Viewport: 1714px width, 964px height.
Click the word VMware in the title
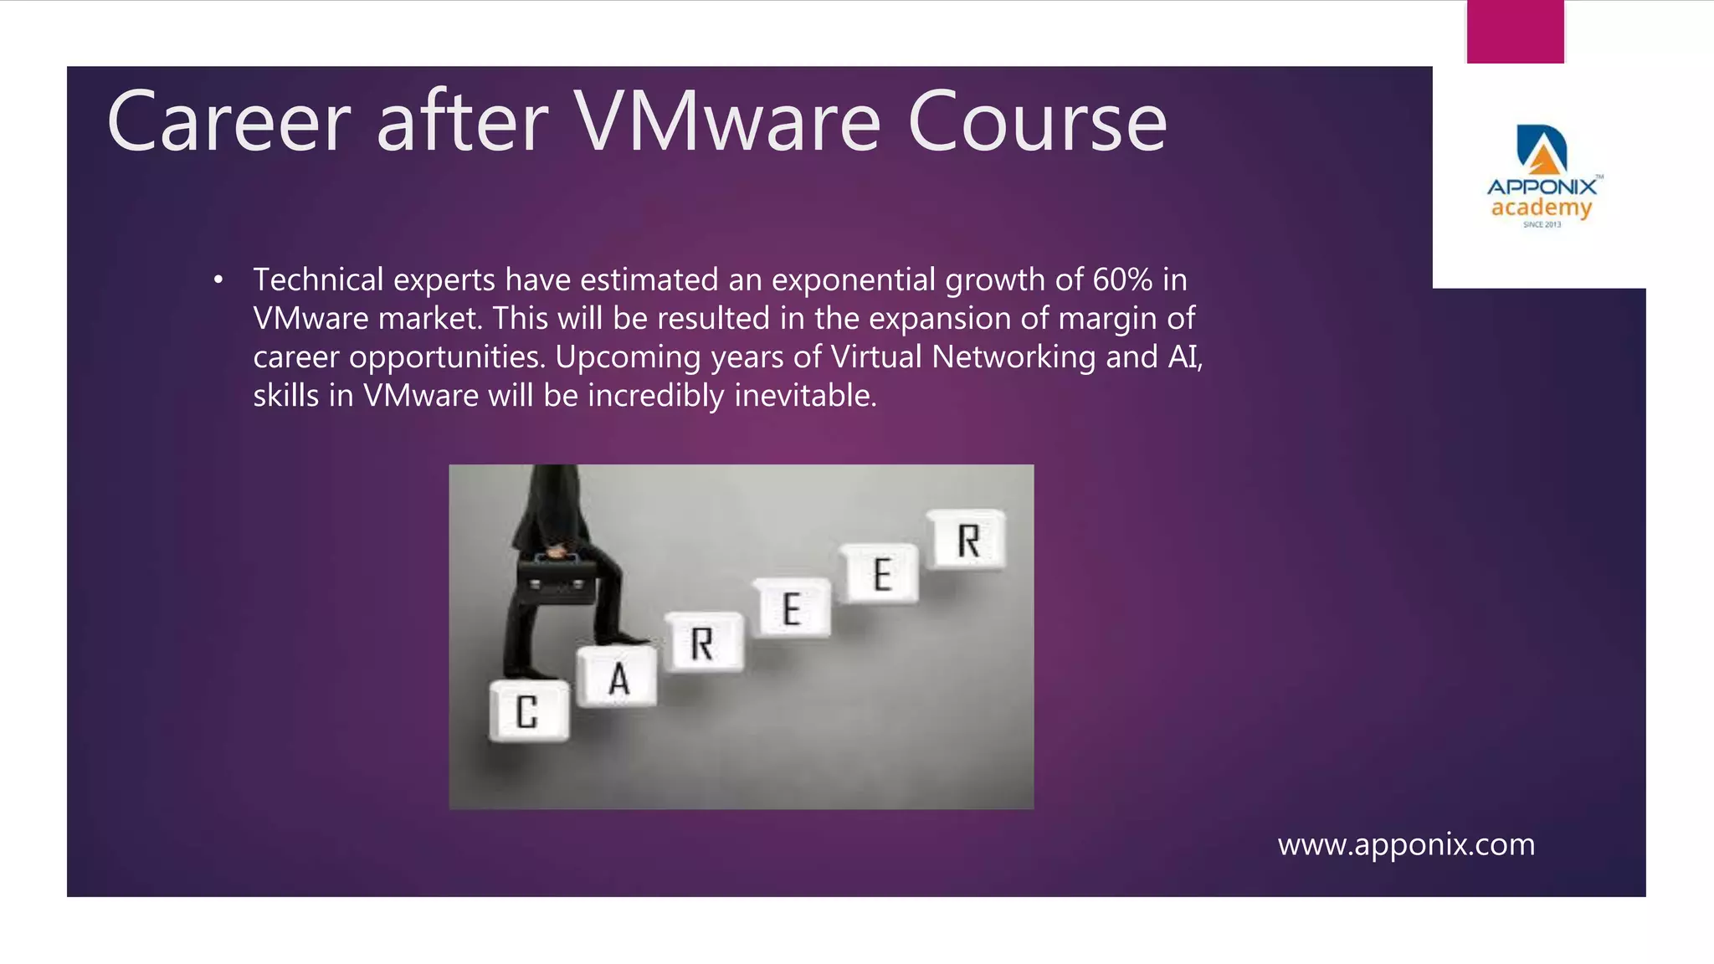727,122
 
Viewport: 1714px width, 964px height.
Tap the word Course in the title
1037,122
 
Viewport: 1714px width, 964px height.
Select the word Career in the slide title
228,122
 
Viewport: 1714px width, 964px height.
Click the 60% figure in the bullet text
1122,279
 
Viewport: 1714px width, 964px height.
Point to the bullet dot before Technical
218,280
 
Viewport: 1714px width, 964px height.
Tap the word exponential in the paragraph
853,279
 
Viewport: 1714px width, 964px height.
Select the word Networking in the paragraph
1013,356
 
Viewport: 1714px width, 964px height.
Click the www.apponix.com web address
1406,844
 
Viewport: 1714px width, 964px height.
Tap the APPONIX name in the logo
1542,187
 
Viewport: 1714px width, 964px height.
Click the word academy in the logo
1541,208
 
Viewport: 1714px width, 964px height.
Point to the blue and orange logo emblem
1542,150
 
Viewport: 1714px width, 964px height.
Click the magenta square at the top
1515,32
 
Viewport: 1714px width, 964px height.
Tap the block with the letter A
618,678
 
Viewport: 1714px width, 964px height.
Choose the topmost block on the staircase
968,540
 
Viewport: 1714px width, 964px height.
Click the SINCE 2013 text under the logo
1542,224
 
